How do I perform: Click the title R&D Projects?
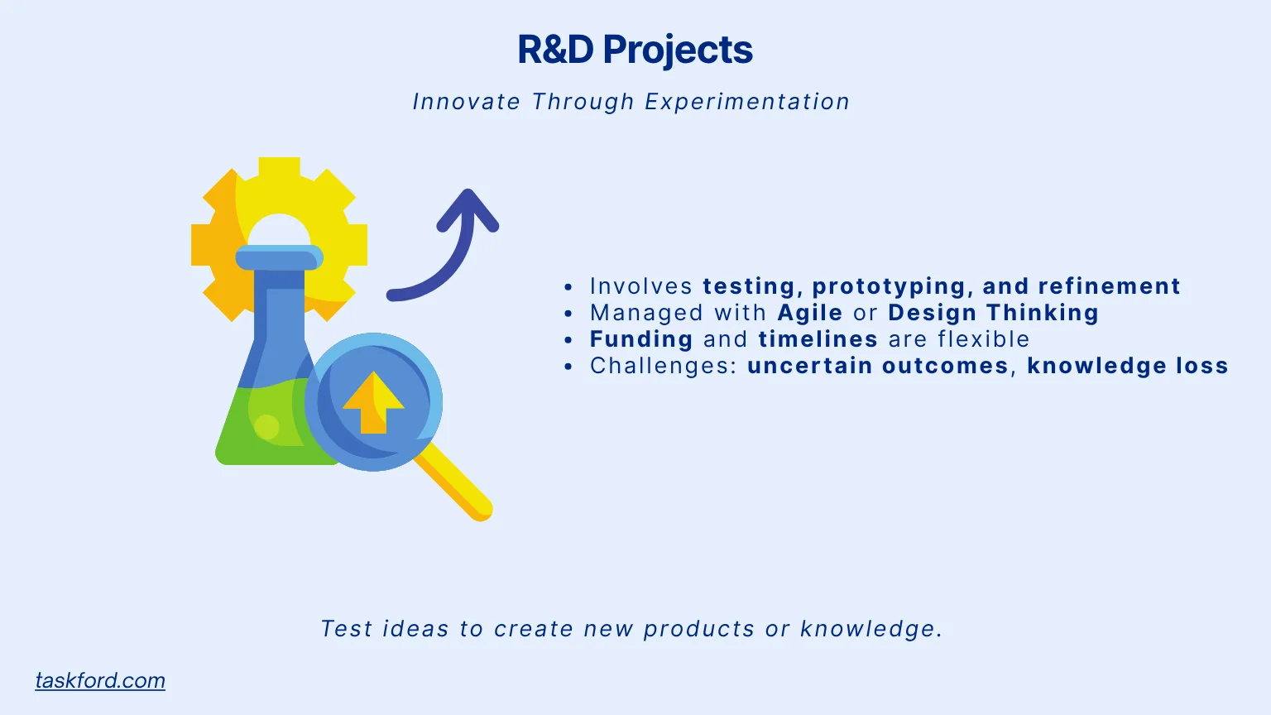[x=635, y=50]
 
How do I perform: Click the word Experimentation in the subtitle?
[x=746, y=102]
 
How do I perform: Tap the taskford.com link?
[x=100, y=680]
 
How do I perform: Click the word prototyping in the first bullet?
[x=889, y=286]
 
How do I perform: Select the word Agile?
[x=809, y=313]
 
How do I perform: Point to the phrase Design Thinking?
[x=993, y=313]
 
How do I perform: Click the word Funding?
[x=641, y=339]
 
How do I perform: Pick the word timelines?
[x=818, y=339]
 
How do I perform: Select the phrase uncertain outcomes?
[x=877, y=366]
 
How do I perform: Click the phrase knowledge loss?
[x=1127, y=366]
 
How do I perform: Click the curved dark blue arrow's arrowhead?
[x=468, y=207]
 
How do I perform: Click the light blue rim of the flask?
[x=279, y=258]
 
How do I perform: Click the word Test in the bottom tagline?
[x=346, y=629]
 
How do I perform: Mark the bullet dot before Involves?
[x=568, y=287]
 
